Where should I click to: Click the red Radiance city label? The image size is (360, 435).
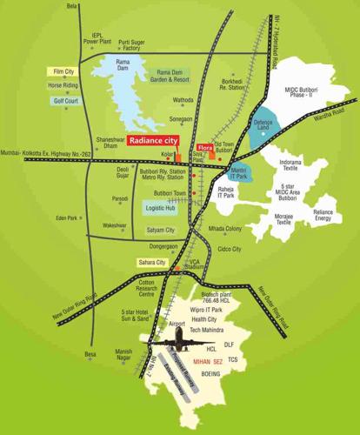pos(154,139)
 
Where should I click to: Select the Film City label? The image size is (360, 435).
pos(63,72)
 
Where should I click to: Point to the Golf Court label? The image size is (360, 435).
pos(66,101)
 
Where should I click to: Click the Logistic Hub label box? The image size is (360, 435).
pos(159,209)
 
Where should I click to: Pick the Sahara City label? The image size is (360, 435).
pos(151,262)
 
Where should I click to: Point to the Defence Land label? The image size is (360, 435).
pos(263,127)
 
